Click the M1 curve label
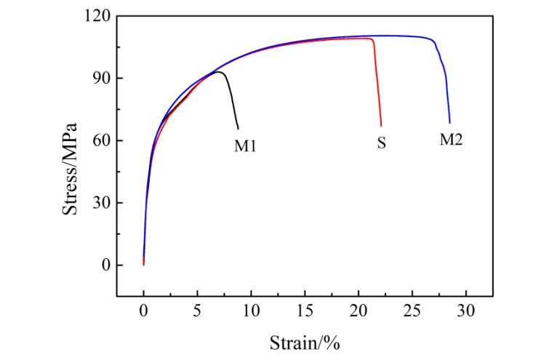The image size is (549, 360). pyautogui.click(x=245, y=145)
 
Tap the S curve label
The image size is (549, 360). pyautogui.click(x=381, y=143)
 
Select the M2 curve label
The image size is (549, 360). pyautogui.click(x=451, y=140)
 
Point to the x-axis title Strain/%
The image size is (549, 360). pyautogui.click(x=305, y=341)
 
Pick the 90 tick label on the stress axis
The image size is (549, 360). pyautogui.click(x=100, y=79)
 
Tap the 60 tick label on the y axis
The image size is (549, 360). pyautogui.click(x=100, y=140)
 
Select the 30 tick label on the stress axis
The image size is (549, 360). pyautogui.click(x=100, y=203)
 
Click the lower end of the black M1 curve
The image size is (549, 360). pyautogui.click(x=238, y=129)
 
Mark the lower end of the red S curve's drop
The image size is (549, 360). pyautogui.click(x=381, y=126)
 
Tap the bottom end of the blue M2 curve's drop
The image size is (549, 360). pyautogui.click(x=449, y=123)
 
